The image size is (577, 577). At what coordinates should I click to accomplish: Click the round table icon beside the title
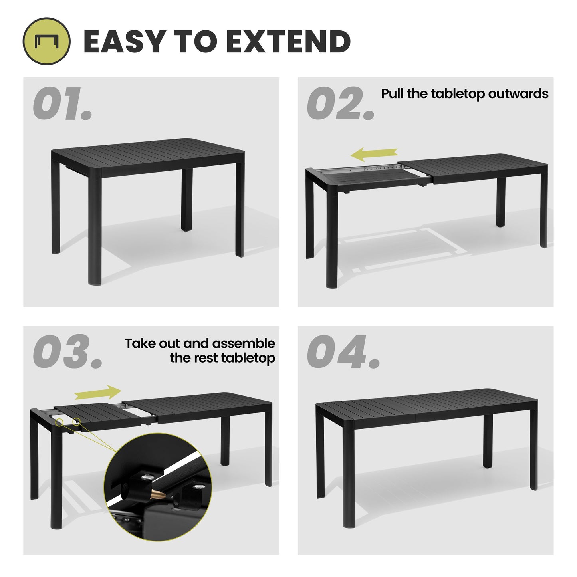[x=46, y=42]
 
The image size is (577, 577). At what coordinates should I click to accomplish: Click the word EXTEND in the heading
[x=288, y=42]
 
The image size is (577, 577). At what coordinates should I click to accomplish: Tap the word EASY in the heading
[x=124, y=42]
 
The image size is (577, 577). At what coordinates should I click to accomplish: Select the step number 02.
[x=340, y=103]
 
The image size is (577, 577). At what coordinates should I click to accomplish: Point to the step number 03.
[x=67, y=352]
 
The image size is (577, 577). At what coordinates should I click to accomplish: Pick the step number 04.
[x=343, y=352]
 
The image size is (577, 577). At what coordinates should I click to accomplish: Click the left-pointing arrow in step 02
[x=374, y=154]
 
